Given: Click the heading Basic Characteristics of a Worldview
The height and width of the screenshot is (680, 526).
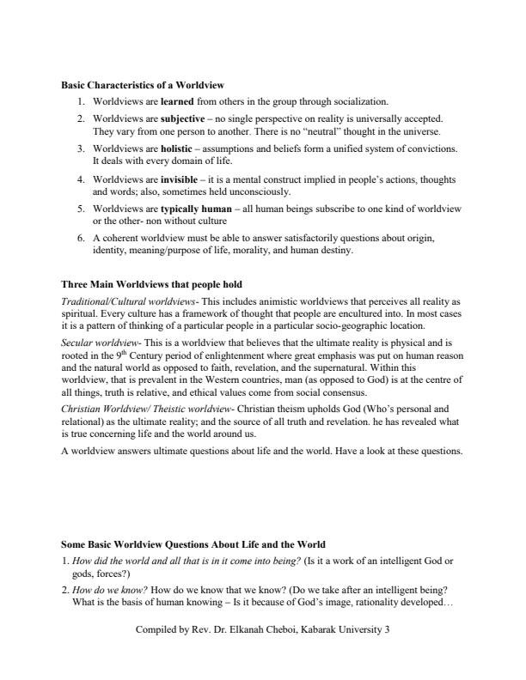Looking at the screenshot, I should click(143, 85).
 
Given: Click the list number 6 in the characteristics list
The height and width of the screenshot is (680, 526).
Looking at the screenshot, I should click(80, 237).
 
